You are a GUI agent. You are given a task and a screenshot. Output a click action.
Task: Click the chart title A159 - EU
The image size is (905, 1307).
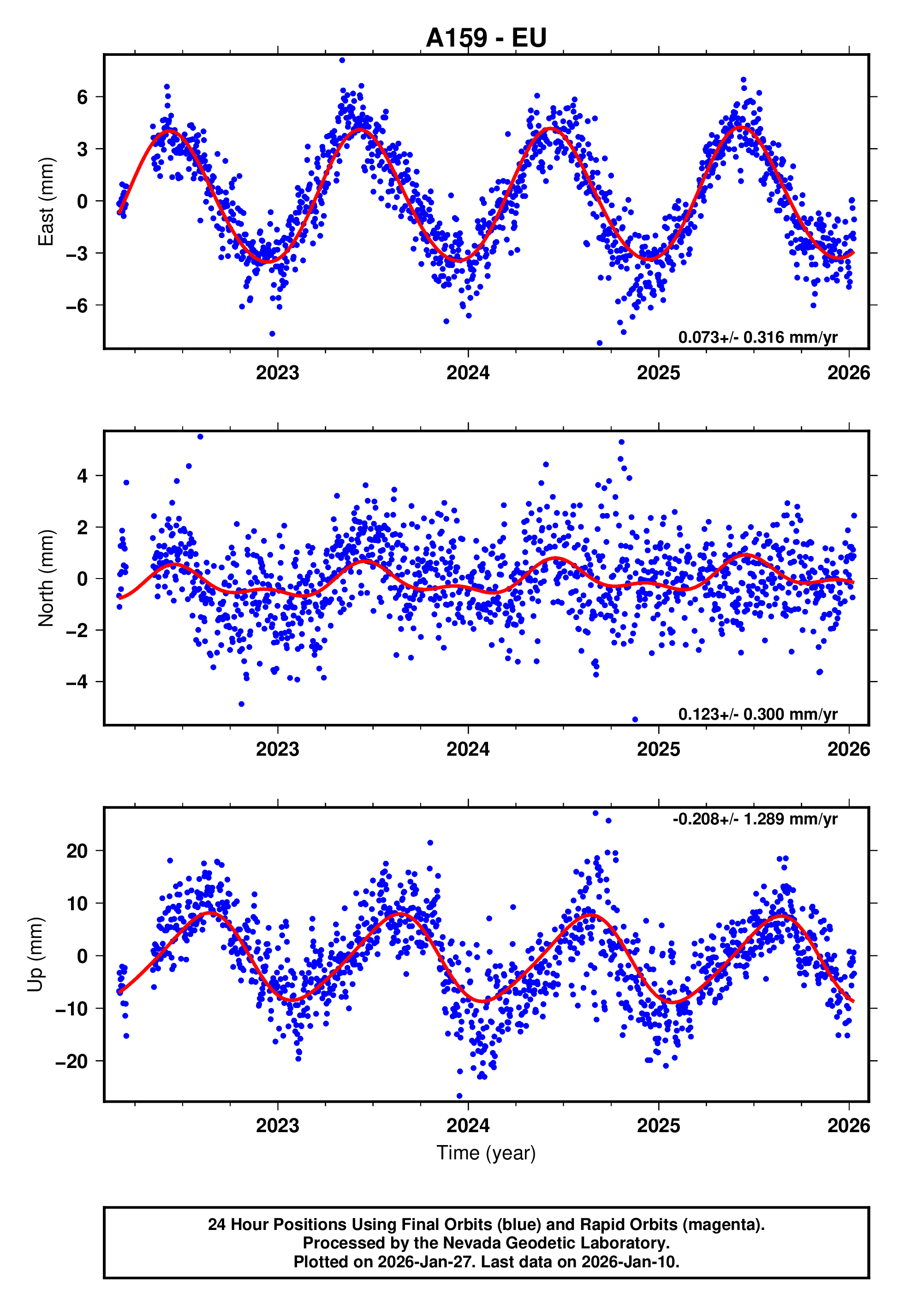tap(486, 38)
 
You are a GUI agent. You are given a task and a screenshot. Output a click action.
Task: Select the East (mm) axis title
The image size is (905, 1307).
tap(45, 201)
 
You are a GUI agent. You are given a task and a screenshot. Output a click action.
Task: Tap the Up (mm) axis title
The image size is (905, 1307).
tap(35, 955)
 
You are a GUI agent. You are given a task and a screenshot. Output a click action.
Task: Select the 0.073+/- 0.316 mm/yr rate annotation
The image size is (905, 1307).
tap(757, 337)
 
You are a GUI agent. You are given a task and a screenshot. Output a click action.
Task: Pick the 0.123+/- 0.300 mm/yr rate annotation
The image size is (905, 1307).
tap(757, 714)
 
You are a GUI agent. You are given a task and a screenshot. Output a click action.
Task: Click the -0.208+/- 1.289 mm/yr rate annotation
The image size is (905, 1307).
tap(755, 819)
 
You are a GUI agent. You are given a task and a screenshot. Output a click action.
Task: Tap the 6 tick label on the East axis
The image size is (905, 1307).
tap(83, 97)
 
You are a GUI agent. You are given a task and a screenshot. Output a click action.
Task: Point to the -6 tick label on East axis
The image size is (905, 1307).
tap(77, 305)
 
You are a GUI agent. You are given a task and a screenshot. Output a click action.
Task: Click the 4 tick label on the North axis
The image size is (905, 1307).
tap(83, 476)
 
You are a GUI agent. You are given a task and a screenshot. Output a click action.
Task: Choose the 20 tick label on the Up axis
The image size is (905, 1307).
tap(77, 851)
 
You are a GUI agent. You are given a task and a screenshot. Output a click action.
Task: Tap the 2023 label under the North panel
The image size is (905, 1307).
tap(277, 750)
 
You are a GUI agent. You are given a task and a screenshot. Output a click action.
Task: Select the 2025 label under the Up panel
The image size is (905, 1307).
tap(658, 1126)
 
